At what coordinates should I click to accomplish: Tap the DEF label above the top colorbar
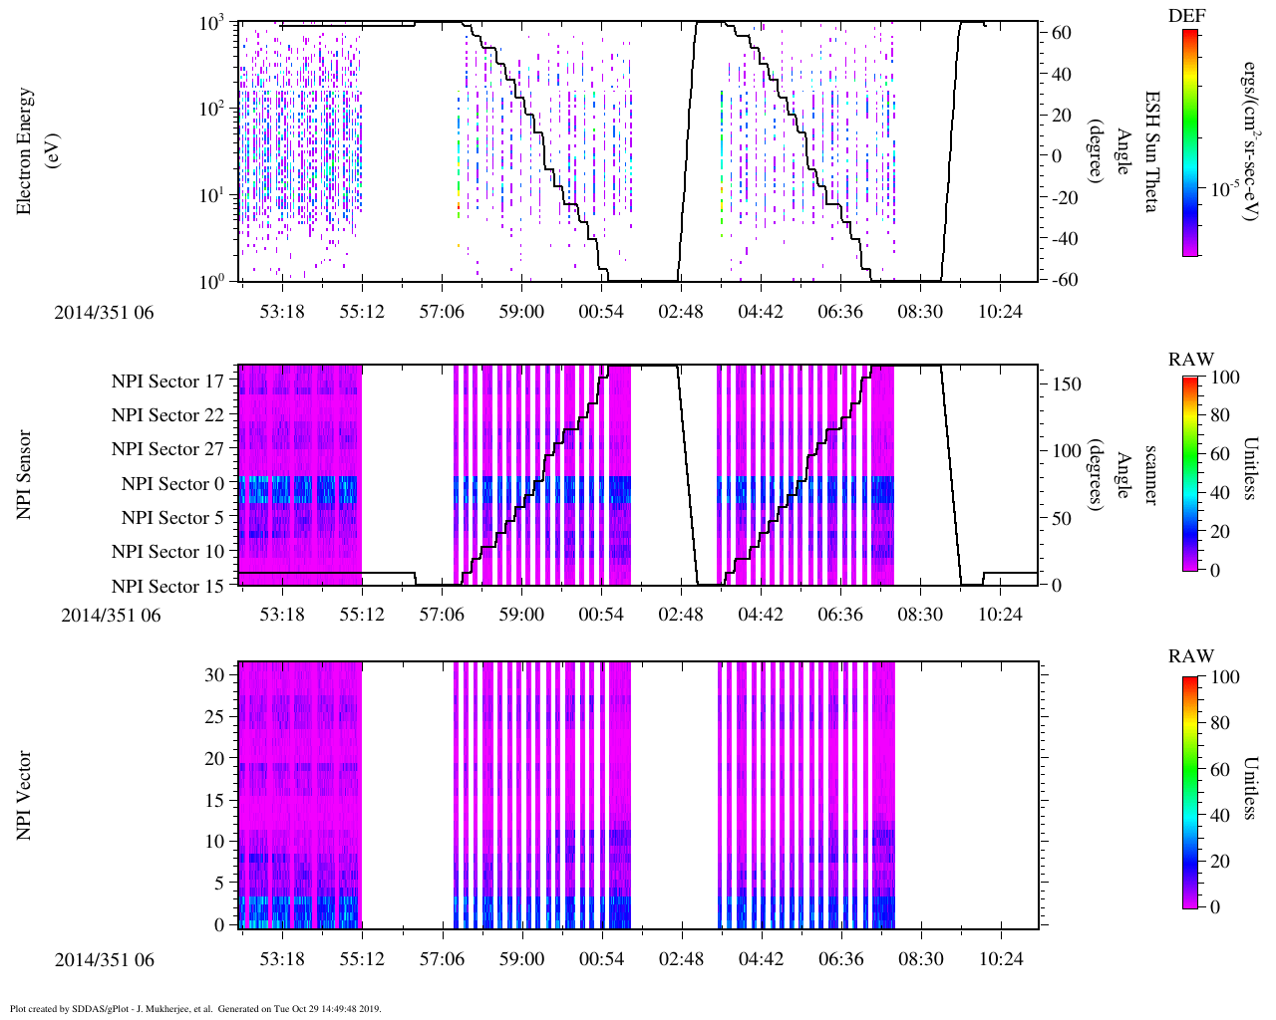point(1186,16)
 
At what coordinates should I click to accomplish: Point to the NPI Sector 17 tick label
point(167,382)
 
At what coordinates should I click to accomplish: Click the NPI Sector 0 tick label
point(172,484)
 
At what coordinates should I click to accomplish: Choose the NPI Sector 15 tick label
point(167,587)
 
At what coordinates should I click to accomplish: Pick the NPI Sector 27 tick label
point(167,449)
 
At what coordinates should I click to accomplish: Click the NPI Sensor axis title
point(25,474)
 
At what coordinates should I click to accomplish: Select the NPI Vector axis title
point(25,796)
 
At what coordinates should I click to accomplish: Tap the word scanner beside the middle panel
point(1150,474)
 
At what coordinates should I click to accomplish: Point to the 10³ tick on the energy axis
point(211,23)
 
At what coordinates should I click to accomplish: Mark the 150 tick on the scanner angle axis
point(1068,384)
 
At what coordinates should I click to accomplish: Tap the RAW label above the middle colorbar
point(1191,360)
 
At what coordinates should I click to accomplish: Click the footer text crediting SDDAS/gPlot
point(195,1009)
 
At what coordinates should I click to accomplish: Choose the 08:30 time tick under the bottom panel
point(920,958)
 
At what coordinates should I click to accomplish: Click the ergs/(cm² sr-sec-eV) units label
point(1248,150)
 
